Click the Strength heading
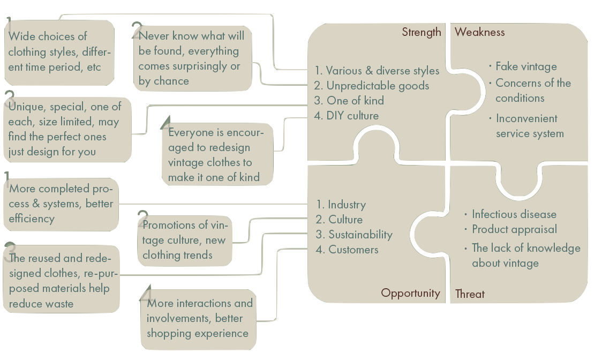click(x=422, y=32)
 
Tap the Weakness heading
click(x=479, y=32)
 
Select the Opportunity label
click(x=410, y=293)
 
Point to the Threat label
click(x=470, y=294)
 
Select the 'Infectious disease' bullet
click(x=514, y=214)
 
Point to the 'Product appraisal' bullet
click(x=514, y=229)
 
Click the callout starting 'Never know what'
click(x=192, y=58)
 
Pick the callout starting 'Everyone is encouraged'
click(x=216, y=155)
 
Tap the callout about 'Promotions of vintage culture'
click(x=185, y=240)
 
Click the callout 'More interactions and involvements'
click(x=199, y=318)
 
